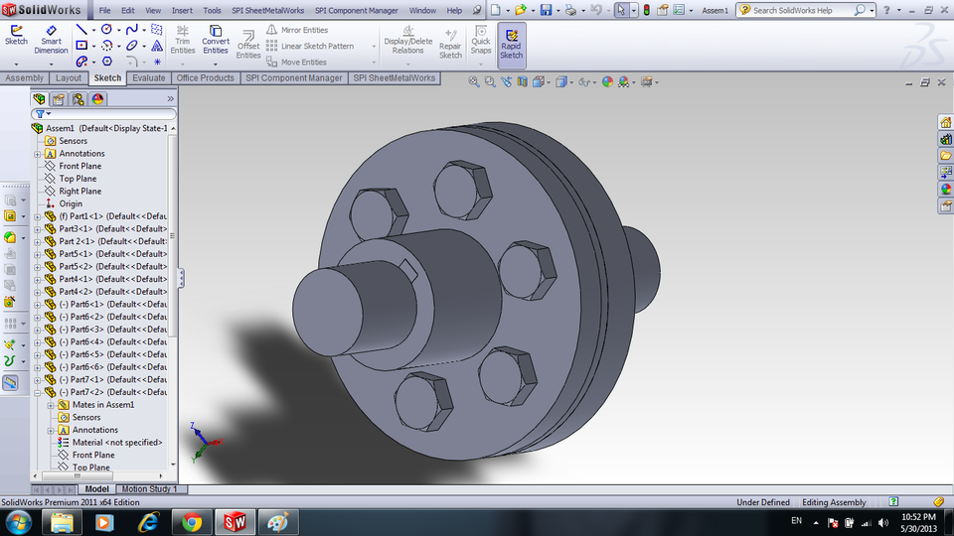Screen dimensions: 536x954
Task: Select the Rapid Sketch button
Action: [x=511, y=45]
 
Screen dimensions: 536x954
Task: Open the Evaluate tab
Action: [x=148, y=77]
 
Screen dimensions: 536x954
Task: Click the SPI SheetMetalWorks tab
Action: [x=395, y=77]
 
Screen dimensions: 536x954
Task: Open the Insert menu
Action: [x=182, y=10]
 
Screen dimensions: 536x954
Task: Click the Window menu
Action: [x=422, y=10]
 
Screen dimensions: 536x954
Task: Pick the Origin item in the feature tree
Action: [x=71, y=203]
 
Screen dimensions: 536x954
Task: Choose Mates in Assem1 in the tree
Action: [x=102, y=404]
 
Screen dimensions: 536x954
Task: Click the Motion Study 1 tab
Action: [x=149, y=489]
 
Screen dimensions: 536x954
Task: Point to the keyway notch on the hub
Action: [x=407, y=265]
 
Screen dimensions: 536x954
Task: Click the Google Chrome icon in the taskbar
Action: [x=192, y=521]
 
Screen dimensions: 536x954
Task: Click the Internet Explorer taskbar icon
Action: [x=149, y=521]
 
